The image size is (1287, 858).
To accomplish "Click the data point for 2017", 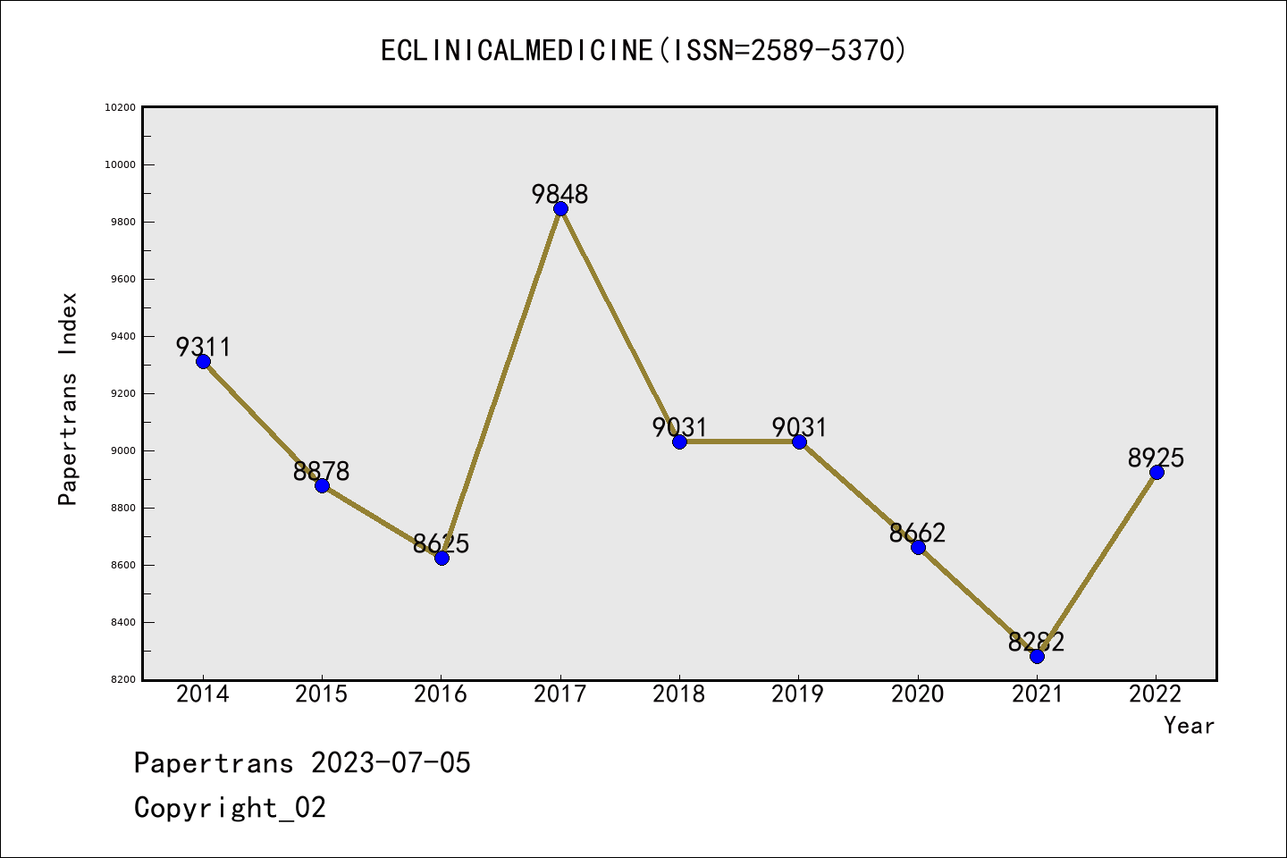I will [560, 208].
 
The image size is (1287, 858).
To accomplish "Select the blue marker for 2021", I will [1037, 656].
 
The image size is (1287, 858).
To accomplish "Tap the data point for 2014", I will [203, 361].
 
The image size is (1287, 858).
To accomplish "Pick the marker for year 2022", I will [1157, 472].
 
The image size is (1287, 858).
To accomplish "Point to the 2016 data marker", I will [442, 558].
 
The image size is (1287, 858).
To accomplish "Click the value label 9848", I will [560, 194].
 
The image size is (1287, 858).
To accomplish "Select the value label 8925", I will [1156, 458].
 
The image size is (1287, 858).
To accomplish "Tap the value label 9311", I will [203, 347].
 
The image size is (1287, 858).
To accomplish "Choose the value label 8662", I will [918, 533].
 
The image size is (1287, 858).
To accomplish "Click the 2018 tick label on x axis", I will [679, 694].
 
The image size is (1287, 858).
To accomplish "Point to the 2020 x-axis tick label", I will [918, 694].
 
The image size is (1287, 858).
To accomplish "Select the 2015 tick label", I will [322, 694].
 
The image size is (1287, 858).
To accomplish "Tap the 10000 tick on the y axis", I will [120, 165].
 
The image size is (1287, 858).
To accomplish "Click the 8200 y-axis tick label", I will [123, 680].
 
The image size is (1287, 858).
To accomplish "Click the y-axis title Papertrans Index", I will [69, 399].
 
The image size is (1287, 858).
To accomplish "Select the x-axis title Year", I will [1189, 726].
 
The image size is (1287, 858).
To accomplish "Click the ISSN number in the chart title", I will [823, 50].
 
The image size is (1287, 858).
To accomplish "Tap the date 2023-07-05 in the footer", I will [391, 763].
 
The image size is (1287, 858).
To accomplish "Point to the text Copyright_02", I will [230, 808].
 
